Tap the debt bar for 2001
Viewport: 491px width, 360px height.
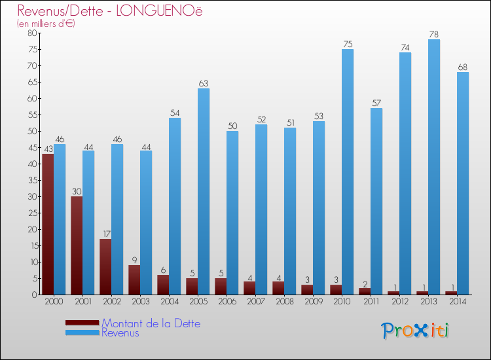pyautogui.click(x=77, y=245)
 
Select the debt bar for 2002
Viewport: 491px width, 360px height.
pyautogui.click(x=105, y=266)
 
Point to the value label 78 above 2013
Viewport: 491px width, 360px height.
pyautogui.click(x=434, y=34)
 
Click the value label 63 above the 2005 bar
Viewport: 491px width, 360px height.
pyautogui.click(x=204, y=83)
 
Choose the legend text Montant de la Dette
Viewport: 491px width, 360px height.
pyautogui.click(x=151, y=323)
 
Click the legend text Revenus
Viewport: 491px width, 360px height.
pyautogui.click(x=120, y=333)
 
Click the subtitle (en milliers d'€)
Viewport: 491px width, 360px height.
pyautogui.click(x=46, y=24)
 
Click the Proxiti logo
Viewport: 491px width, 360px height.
pyautogui.click(x=415, y=331)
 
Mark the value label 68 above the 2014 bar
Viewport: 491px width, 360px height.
pyautogui.click(x=463, y=67)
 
